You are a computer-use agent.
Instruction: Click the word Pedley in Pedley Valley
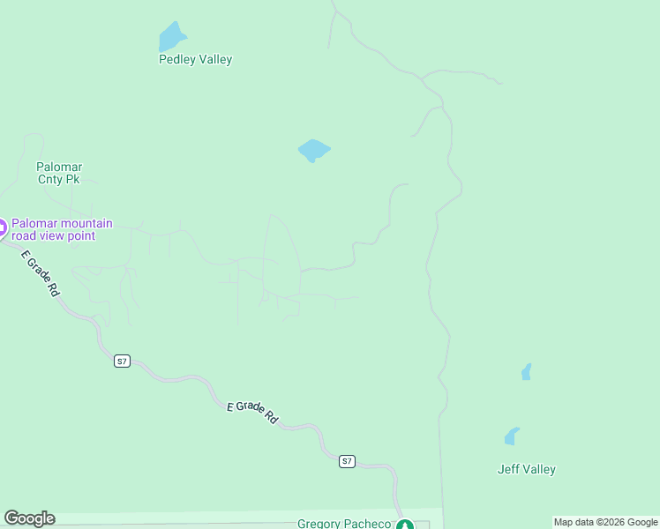coord(176,60)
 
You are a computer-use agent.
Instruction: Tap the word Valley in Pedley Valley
coord(214,60)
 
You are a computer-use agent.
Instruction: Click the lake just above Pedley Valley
coord(171,38)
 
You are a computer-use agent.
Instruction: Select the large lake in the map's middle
coord(313,150)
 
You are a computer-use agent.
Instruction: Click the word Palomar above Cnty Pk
coord(59,167)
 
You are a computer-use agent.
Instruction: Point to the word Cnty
coord(50,179)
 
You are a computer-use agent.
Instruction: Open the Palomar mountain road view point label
coord(61,229)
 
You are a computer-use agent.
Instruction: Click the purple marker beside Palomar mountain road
coord(2,228)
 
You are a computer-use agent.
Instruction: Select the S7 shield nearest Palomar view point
coord(122,361)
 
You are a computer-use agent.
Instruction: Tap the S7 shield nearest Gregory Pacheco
coord(347,461)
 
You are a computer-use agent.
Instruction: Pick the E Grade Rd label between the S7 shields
coord(253,412)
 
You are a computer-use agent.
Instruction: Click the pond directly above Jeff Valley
coord(512,436)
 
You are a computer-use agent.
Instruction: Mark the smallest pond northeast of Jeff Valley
coord(527,372)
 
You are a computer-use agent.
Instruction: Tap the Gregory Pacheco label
coord(343,524)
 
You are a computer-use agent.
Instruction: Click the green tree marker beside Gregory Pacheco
coord(404,525)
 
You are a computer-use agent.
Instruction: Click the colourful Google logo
coord(30,518)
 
